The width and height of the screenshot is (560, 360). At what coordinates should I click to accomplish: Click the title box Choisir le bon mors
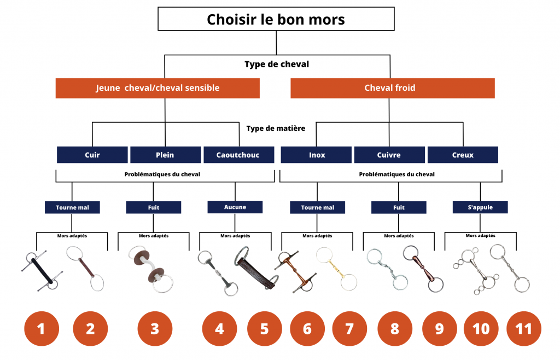(x=276, y=19)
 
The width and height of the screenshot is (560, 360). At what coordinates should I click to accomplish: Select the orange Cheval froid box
(x=392, y=88)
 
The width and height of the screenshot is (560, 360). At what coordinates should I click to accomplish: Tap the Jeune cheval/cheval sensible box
(x=157, y=88)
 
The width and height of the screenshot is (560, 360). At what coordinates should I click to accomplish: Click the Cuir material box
(x=92, y=155)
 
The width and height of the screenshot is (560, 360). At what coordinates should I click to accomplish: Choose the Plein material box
(x=165, y=155)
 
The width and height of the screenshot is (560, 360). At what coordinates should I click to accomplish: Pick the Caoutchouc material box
(x=238, y=155)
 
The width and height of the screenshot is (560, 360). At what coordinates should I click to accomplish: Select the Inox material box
(x=317, y=155)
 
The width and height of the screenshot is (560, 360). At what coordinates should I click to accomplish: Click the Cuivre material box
(x=389, y=155)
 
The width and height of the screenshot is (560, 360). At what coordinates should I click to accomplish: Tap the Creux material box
(x=463, y=155)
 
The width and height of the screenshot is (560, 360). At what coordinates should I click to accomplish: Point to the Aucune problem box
(x=235, y=207)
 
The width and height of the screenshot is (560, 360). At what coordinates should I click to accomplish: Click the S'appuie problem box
(x=480, y=207)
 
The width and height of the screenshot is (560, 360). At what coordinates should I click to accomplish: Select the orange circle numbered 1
(x=41, y=329)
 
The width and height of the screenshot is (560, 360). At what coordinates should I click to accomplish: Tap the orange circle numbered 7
(x=349, y=329)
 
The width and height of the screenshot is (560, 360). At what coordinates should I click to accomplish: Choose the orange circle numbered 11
(x=523, y=329)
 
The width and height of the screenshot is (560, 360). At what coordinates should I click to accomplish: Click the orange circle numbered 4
(x=219, y=329)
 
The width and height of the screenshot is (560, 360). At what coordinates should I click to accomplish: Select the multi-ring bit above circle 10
(x=472, y=270)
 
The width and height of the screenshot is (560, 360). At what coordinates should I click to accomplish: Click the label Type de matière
(x=276, y=129)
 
